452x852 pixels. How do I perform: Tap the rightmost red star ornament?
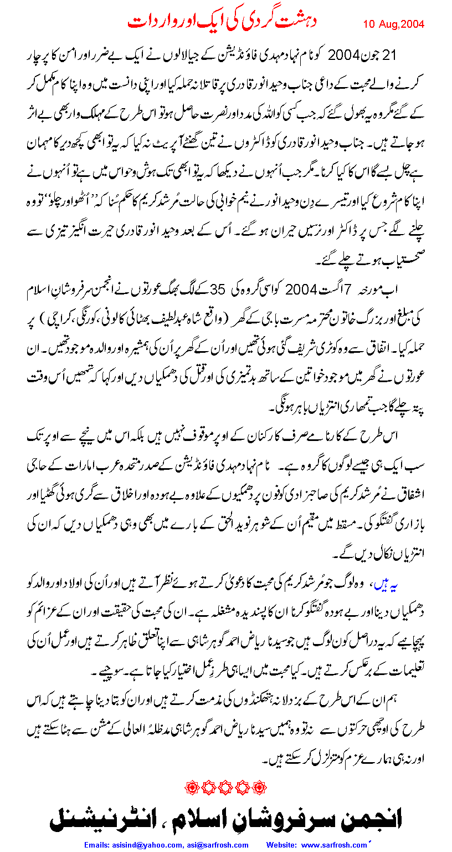(x=258, y=786)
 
